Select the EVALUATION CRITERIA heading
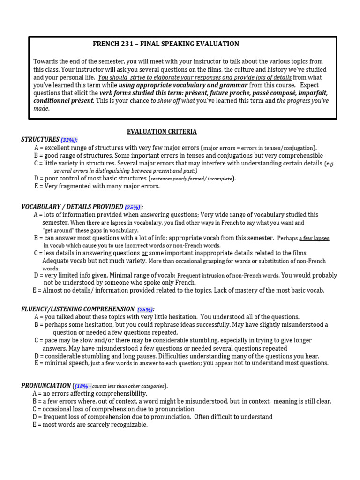[x=162, y=132]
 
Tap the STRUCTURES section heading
[x=40, y=139]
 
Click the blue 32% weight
[x=69, y=140]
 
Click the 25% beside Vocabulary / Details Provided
[x=133, y=207]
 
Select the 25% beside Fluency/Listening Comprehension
[x=145, y=309]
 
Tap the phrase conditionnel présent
[x=64, y=101]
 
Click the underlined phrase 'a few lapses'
[x=314, y=238]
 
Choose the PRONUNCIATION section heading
[x=45, y=386]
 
